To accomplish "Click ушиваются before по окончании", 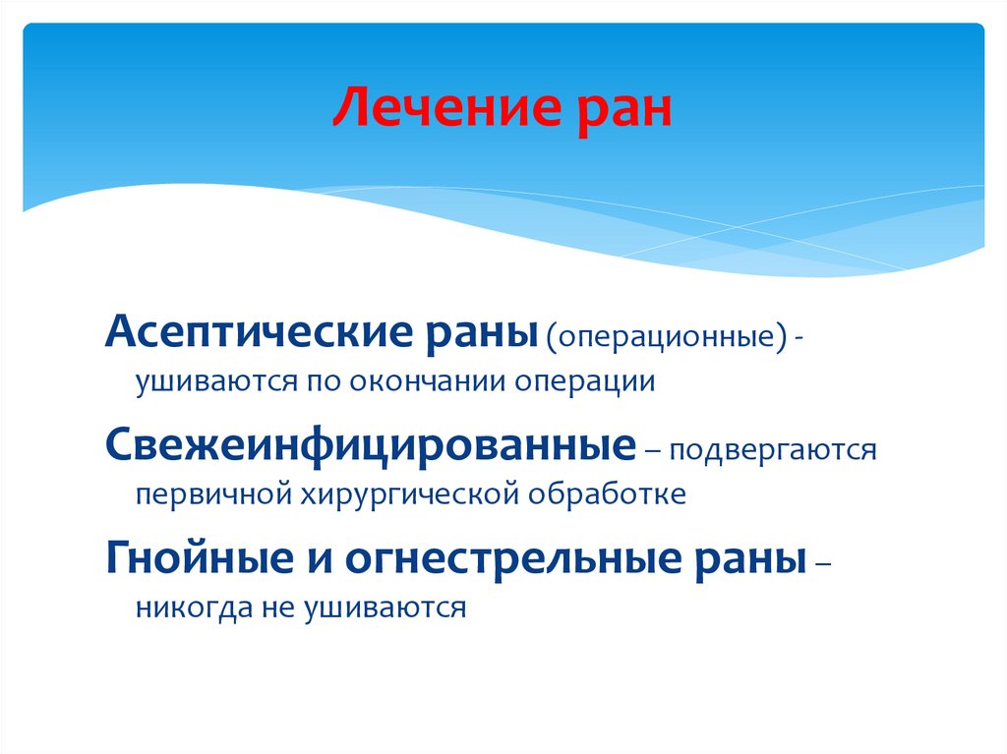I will click(206, 381).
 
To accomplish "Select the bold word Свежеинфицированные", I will click(368, 448).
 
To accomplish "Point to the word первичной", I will click(207, 493).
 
